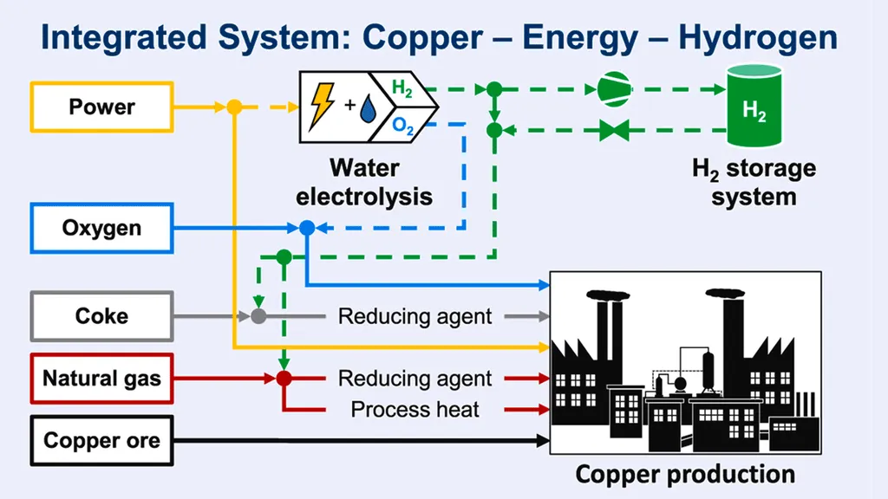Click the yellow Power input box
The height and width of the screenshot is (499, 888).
[102, 107]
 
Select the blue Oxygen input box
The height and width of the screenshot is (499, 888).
[102, 228]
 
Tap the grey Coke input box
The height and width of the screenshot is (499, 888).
[102, 316]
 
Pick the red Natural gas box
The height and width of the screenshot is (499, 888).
[102, 379]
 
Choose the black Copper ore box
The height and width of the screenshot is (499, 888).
[102, 441]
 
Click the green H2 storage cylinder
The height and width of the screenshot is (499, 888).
[754, 106]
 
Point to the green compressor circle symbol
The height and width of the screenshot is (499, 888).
[615, 89]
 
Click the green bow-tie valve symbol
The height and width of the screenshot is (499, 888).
[615, 131]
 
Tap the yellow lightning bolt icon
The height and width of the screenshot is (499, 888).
[323, 107]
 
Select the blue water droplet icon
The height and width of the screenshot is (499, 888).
[368, 108]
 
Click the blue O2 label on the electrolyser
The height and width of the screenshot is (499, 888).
[402, 126]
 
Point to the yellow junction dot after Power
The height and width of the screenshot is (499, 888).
[234, 107]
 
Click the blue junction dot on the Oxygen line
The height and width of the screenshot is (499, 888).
[307, 228]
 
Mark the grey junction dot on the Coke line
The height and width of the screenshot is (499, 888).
[258, 316]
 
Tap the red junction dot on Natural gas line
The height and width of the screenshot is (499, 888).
[284, 379]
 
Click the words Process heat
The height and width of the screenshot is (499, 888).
[415, 409]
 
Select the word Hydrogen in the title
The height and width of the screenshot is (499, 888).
[758, 38]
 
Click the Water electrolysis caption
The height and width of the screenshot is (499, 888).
[364, 182]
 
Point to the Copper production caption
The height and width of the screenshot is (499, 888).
[685, 474]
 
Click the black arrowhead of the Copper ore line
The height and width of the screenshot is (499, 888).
[543, 440]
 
